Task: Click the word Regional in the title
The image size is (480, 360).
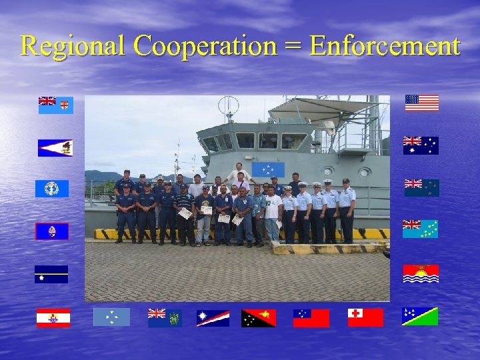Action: [72, 46]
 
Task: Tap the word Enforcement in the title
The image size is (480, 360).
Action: [385, 46]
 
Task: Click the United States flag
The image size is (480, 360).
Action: [422, 103]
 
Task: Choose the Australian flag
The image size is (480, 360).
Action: [421, 145]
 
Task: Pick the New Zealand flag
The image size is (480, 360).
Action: [421, 187]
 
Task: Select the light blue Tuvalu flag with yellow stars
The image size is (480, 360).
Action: [420, 229]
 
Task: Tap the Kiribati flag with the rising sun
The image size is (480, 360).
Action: [421, 273]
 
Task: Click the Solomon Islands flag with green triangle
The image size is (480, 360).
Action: [420, 316]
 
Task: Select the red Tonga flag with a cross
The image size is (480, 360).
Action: [365, 317]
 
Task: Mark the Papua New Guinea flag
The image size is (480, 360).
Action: [259, 318]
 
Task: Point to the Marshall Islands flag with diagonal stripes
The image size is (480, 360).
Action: [213, 318]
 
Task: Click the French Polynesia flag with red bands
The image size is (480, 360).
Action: [53, 318]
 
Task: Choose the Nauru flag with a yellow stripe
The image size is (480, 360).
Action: [51, 275]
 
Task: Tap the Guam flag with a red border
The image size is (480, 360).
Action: [52, 231]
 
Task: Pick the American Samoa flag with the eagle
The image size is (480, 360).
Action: [55, 148]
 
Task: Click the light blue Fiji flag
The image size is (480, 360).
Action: [56, 105]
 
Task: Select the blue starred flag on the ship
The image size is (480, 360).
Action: [268, 169]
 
